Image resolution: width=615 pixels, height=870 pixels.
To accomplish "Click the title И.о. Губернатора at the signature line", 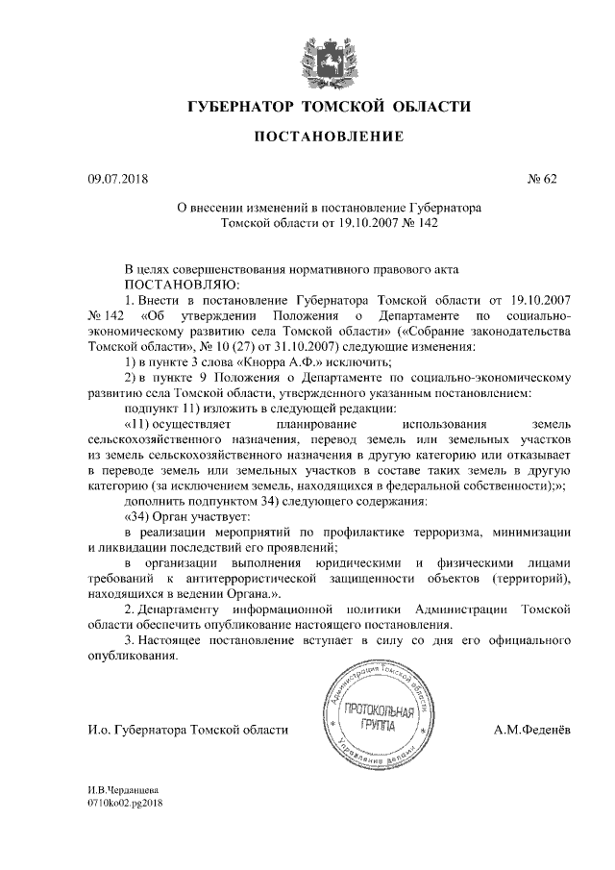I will (134, 731).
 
